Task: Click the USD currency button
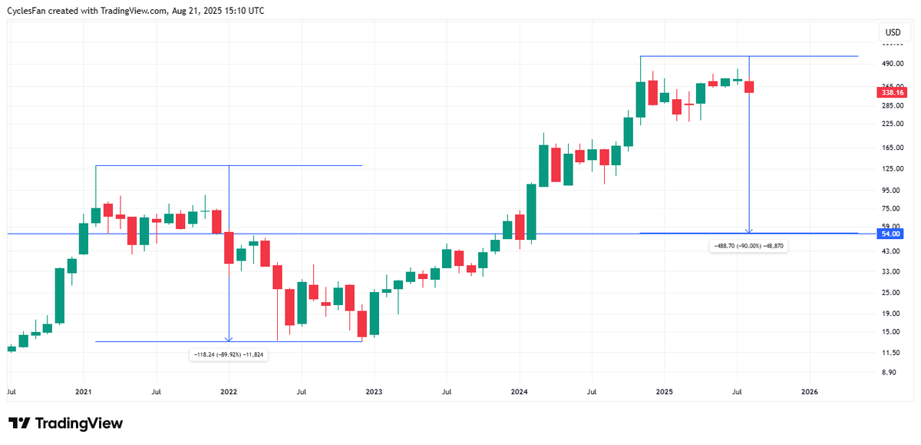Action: point(893,32)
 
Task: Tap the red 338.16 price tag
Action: point(891,92)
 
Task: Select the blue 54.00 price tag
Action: point(891,233)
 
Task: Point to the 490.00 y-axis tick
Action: point(892,64)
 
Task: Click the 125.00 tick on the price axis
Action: point(892,168)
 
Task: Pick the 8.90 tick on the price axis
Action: point(890,372)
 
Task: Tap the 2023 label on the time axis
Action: point(374,391)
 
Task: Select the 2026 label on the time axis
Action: point(809,391)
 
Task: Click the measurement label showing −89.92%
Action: point(229,354)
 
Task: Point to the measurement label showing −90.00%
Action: point(749,245)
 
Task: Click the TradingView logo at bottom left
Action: point(65,423)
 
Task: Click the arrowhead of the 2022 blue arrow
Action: point(229,338)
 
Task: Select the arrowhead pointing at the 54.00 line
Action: point(749,230)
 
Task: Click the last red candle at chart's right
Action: point(749,87)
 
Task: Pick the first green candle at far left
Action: point(12,349)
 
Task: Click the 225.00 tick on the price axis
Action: point(892,123)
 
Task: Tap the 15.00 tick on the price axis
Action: point(891,331)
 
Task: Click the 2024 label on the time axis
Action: point(519,391)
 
